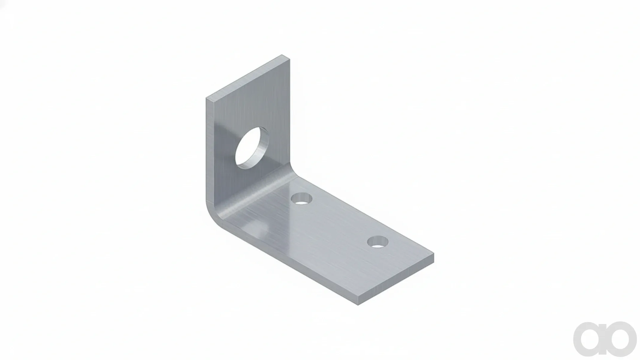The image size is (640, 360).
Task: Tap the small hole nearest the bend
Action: pos(302,199)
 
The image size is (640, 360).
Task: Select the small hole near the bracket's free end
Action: pos(378,242)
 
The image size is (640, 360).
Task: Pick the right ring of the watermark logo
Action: pos(620,339)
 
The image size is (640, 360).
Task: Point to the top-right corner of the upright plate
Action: pos(290,59)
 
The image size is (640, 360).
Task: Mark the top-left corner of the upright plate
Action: pos(206,98)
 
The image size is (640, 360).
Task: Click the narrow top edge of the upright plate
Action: pos(248,77)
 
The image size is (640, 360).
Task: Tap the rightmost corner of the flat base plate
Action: pos(434,254)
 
